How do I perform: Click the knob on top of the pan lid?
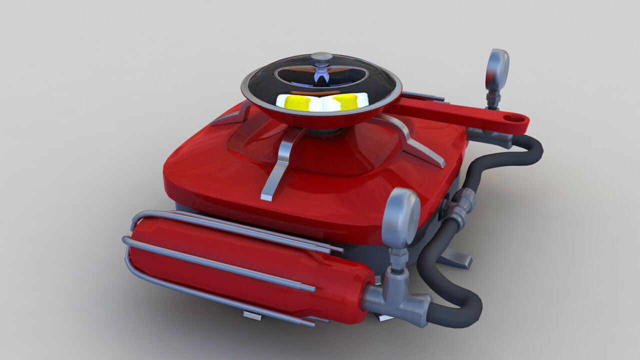pos(321,56)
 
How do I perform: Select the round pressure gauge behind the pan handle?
pos(497,69)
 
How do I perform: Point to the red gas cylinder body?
pos(250,270)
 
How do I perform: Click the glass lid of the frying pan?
pos(350,75)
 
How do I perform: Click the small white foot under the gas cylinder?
pos(252,314)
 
